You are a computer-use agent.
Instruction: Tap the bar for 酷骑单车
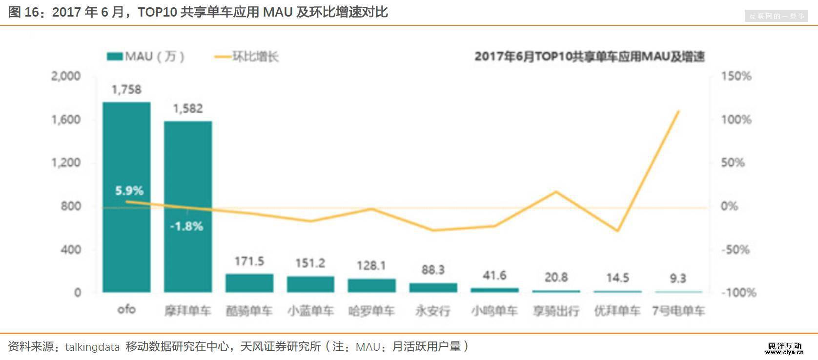tap(249, 283)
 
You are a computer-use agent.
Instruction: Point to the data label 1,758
tap(126, 90)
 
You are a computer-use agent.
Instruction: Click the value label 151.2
tap(310, 263)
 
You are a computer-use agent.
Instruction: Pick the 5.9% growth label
tap(129, 191)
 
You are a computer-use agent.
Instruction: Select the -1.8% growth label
tap(186, 226)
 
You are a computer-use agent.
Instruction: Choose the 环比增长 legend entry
tap(246, 57)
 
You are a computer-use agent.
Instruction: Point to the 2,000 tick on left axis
tap(66, 76)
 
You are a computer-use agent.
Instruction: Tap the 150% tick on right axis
tap(736, 76)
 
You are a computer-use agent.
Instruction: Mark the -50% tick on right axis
tap(735, 250)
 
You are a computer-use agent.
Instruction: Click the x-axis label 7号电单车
tap(678, 311)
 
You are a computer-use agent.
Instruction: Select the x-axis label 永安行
tap(433, 311)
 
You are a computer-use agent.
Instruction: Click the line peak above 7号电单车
tap(678, 112)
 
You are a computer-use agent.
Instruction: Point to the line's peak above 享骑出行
tap(556, 192)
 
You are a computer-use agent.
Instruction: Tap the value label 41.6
tap(494, 276)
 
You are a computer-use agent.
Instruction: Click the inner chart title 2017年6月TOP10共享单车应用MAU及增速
tap(590, 57)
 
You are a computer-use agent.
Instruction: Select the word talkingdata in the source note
tap(92, 347)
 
